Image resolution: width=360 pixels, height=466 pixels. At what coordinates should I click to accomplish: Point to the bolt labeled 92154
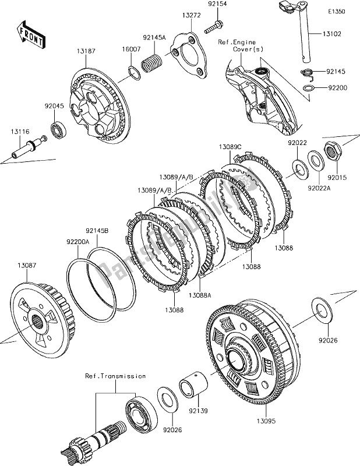[213, 25]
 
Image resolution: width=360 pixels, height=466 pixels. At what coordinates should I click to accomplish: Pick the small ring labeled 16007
[133, 74]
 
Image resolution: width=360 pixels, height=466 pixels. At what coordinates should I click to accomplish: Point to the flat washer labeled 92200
[309, 88]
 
